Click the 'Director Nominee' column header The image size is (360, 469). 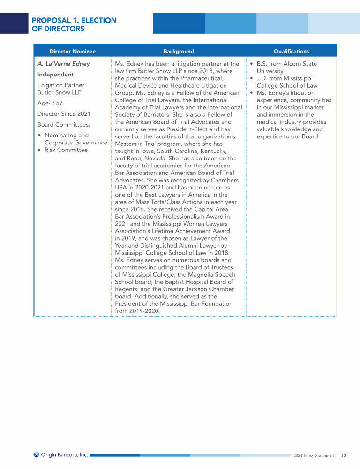(72, 51)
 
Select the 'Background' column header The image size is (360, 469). (178, 51)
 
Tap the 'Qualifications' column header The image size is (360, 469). (291, 51)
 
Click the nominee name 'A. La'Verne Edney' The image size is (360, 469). (63, 64)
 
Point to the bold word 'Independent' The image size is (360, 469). (55, 75)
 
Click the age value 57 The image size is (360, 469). (59, 103)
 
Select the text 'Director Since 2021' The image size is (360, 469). (64, 114)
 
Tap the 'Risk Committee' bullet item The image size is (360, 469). (66, 150)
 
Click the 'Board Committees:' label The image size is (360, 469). (64, 125)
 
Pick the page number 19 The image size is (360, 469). (344, 455)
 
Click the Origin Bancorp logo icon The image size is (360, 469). (37, 454)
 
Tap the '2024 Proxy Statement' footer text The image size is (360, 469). (314, 455)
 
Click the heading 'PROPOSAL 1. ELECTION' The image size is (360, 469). (74, 20)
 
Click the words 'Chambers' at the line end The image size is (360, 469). (224, 181)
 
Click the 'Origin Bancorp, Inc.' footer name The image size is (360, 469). (64, 454)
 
